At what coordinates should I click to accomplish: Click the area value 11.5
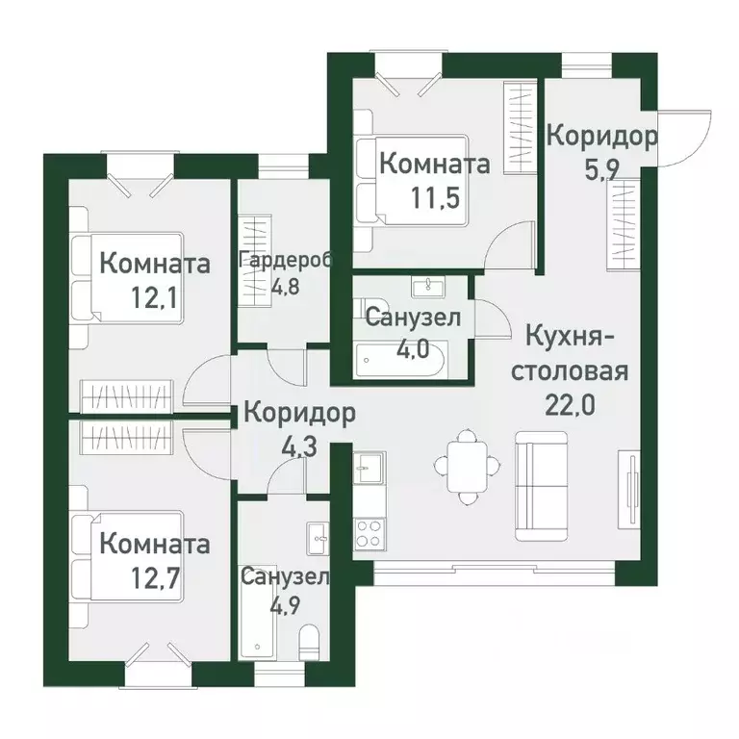[x=434, y=198]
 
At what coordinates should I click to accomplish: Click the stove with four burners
[x=367, y=533]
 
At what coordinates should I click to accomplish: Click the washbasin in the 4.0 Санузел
[x=423, y=286]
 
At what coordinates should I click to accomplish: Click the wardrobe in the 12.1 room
[x=126, y=395]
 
